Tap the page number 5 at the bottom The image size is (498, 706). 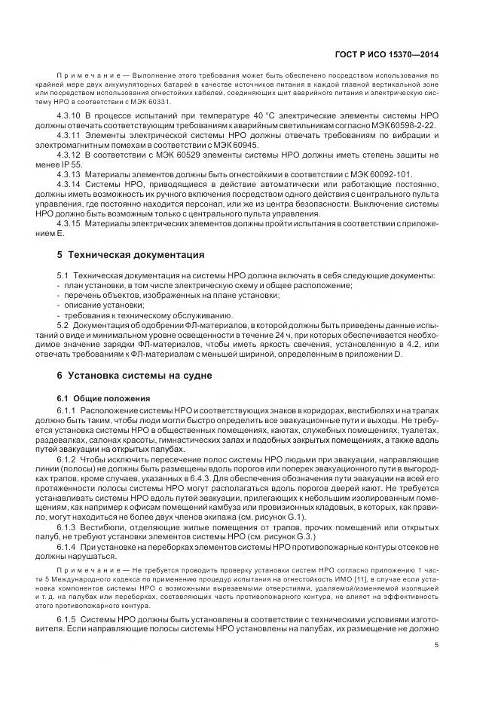coord(438,644)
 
